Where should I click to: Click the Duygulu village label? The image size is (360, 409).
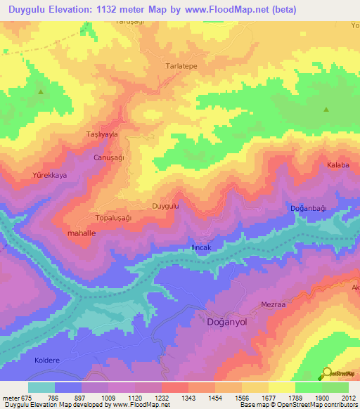[x=166, y=206]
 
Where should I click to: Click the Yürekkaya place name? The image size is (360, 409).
[x=49, y=175]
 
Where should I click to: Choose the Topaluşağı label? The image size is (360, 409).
[x=113, y=218]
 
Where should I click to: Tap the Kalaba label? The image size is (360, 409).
[x=337, y=165]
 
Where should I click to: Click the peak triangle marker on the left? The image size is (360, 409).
[x=40, y=92]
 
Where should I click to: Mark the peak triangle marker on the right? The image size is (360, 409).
[x=326, y=110]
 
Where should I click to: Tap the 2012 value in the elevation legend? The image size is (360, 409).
[x=347, y=398]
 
